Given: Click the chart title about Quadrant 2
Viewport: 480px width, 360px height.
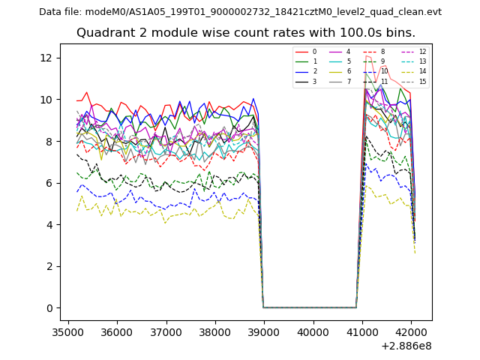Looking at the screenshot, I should pyautogui.click(x=245, y=33).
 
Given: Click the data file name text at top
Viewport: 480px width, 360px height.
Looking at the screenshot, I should pyautogui.click(x=240, y=12).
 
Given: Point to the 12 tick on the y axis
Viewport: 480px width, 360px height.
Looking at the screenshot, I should pyautogui.click(x=47, y=58).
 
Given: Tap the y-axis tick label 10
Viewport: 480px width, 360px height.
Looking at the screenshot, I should pyautogui.click(x=47, y=100).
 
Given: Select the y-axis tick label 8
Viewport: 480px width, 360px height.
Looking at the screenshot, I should pyautogui.click(x=50, y=141).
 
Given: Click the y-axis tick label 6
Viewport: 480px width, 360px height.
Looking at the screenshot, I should pyautogui.click(x=50, y=183).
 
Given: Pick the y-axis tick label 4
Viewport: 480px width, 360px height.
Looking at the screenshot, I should pyautogui.click(x=50, y=225).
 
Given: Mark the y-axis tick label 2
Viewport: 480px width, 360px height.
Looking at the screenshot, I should pyautogui.click(x=50, y=266).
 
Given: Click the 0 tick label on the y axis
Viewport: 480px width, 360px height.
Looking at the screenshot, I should pyautogui.click(x=50, y=308).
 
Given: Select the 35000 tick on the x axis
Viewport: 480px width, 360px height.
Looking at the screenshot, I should pyautogui.click(x=68, y=332).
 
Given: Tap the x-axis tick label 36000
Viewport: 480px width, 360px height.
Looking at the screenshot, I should pyautogui.click(x=117, y=332).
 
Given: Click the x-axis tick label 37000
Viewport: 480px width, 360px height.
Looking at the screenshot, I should pyautogui.click(x=166, y=332).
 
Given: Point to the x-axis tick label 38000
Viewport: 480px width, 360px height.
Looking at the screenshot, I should pyautogui.click(x=215, y=332).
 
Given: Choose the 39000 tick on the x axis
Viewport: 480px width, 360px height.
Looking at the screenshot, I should pyautogui.click(x=264, y=332).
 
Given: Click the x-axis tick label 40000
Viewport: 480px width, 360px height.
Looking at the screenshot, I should pyautogui.click(x=313, y=332).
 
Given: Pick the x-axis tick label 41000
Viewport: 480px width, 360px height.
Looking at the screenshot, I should pyautogui.click(x=362, y=332).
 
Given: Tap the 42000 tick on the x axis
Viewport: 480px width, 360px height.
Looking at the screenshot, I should pyautogui.click(x=411, y=332).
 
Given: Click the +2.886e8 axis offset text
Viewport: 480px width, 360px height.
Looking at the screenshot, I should pyautogui.click(x=406, y=346).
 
